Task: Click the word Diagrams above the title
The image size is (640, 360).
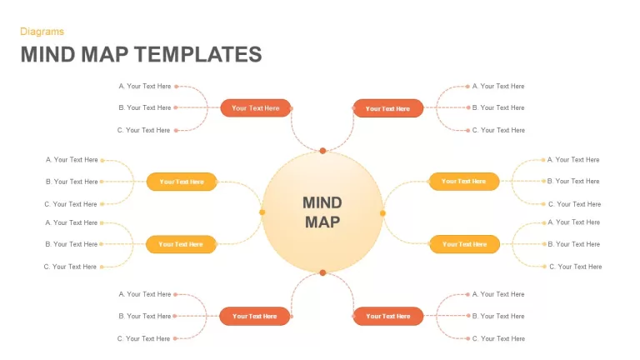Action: (42, 32)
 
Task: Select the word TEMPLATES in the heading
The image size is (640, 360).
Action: (198, 55)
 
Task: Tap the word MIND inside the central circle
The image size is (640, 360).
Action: (322, 202)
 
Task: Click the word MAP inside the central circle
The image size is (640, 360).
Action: (322, 222)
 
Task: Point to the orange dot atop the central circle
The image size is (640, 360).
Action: (322, 151)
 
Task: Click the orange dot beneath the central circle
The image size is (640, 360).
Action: (322, 272)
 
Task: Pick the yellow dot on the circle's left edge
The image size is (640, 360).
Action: (262, 212)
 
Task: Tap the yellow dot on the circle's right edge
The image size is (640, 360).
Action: (382, 213)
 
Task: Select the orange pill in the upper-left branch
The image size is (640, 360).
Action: (256, 108)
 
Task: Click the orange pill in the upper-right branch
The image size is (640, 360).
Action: (387, 108)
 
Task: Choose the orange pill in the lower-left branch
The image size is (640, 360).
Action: (255, 317)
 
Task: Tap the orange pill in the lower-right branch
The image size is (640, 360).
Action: (388, 317)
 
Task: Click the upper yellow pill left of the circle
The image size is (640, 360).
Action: (182, 182)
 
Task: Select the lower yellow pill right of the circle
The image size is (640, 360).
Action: (464, 244)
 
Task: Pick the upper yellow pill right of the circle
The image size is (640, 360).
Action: (463, 181)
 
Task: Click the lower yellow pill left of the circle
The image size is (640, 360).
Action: (181, 244)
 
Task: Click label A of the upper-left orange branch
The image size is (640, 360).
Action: (145, 86)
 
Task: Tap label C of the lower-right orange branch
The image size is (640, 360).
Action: (498, 338)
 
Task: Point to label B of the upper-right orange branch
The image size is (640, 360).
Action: (498, 107)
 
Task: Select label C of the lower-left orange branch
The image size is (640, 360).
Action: (143, 338)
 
